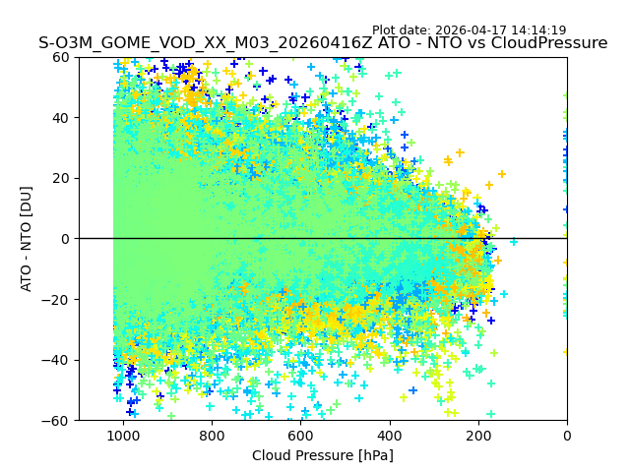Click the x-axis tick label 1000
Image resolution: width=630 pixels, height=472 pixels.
[x=123, y=436]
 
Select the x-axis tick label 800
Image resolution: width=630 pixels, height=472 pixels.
[x=212, y=436]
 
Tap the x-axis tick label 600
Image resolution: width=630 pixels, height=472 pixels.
[x=300, y=436]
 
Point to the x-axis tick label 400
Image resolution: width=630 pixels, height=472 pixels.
[x=389, y=436]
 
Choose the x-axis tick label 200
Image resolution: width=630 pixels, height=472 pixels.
[x=478, y=436]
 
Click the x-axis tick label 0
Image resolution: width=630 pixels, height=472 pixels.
[x=567, y=436]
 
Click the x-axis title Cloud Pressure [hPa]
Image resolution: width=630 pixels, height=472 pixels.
[x=323, y=455]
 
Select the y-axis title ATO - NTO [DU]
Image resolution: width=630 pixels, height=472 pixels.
[x=28, y=239]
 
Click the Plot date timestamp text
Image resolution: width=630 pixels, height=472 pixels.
[x=469, y=30]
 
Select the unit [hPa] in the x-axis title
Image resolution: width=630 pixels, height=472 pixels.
[x=374, y=455]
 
